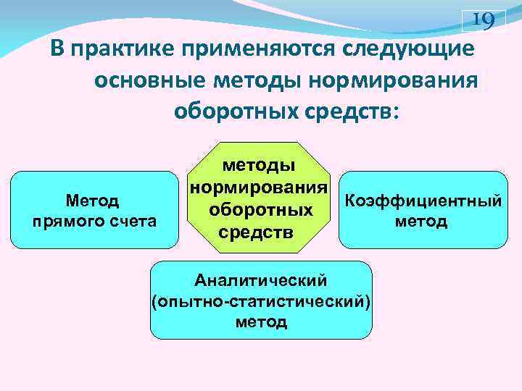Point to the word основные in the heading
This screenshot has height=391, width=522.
[147, 81]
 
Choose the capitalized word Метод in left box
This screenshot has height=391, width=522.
[93, 199]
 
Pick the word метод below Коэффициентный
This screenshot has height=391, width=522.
[421, 222]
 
